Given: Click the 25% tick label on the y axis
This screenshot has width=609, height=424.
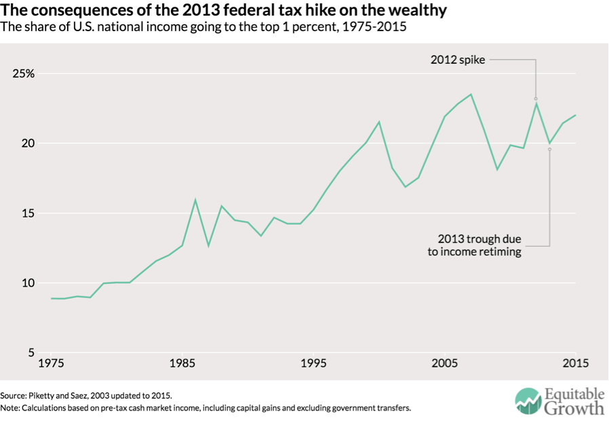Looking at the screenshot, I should [x=22, y=74].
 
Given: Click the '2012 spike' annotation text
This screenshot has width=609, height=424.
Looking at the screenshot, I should [x=458, y=60].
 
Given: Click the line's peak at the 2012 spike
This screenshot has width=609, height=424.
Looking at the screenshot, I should [x=536, y=103].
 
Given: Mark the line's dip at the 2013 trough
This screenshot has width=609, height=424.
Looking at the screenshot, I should [x=549, y=144].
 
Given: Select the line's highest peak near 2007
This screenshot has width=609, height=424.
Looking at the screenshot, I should [x=471, y=94].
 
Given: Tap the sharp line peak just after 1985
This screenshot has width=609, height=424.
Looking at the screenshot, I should [x=195, y=200].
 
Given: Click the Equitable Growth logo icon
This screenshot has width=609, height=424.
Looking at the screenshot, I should [x=525, y=400].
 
